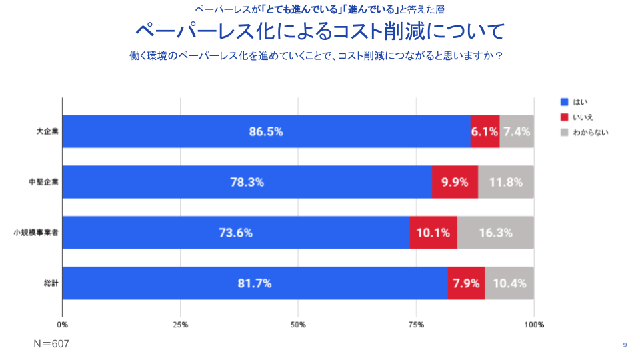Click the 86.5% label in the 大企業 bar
(266, 132)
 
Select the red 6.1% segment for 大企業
(485, 132)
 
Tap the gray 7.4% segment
(517, 132)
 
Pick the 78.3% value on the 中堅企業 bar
(247, 182)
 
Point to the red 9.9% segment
(455, 182)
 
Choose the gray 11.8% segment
(506, 182)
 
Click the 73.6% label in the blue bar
(236, 233)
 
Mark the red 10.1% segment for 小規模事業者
(433, 233)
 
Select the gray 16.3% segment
(495, 233)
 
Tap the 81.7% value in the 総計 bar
(255, 283)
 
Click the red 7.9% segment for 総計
(466, 283)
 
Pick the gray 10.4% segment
(509, 283)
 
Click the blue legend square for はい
(563, 102)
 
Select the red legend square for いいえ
(563, 117)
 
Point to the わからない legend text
(591, 132)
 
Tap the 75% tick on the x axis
(416, 325)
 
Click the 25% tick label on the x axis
(180, 325)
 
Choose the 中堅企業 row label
(44, 182)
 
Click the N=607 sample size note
(51, 344)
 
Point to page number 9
(625, 345)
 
